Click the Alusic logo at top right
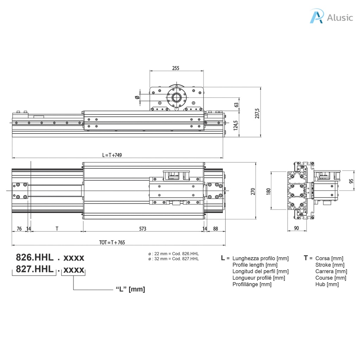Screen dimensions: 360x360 click(x=331, y=17)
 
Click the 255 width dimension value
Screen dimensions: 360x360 click(x=176, y=68)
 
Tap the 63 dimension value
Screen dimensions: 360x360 click(x=236, y=104)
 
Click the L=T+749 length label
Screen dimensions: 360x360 click(x=112, y=155)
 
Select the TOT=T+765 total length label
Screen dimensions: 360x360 click(x=112, y=242)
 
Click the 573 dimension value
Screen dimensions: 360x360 click(x=142, y=229)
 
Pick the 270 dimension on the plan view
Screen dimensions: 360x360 click(x=252, y=191)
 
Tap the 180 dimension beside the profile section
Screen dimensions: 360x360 click(x=269, y=191)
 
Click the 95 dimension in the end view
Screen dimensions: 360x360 click(x=351, y=181)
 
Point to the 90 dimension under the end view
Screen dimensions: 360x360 click(x=296, y=229)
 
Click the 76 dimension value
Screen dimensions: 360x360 click(x=19, y=229)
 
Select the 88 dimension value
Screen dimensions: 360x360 click(x=215, y=229)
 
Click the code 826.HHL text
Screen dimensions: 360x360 click(x=34, y=257)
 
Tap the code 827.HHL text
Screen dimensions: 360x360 click(x=34, y=269)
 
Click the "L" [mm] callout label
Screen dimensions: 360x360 click(x=130, y=289)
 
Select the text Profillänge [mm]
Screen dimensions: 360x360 click(x=252, y=284)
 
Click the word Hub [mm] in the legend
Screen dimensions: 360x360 click(x=327, y=284)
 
